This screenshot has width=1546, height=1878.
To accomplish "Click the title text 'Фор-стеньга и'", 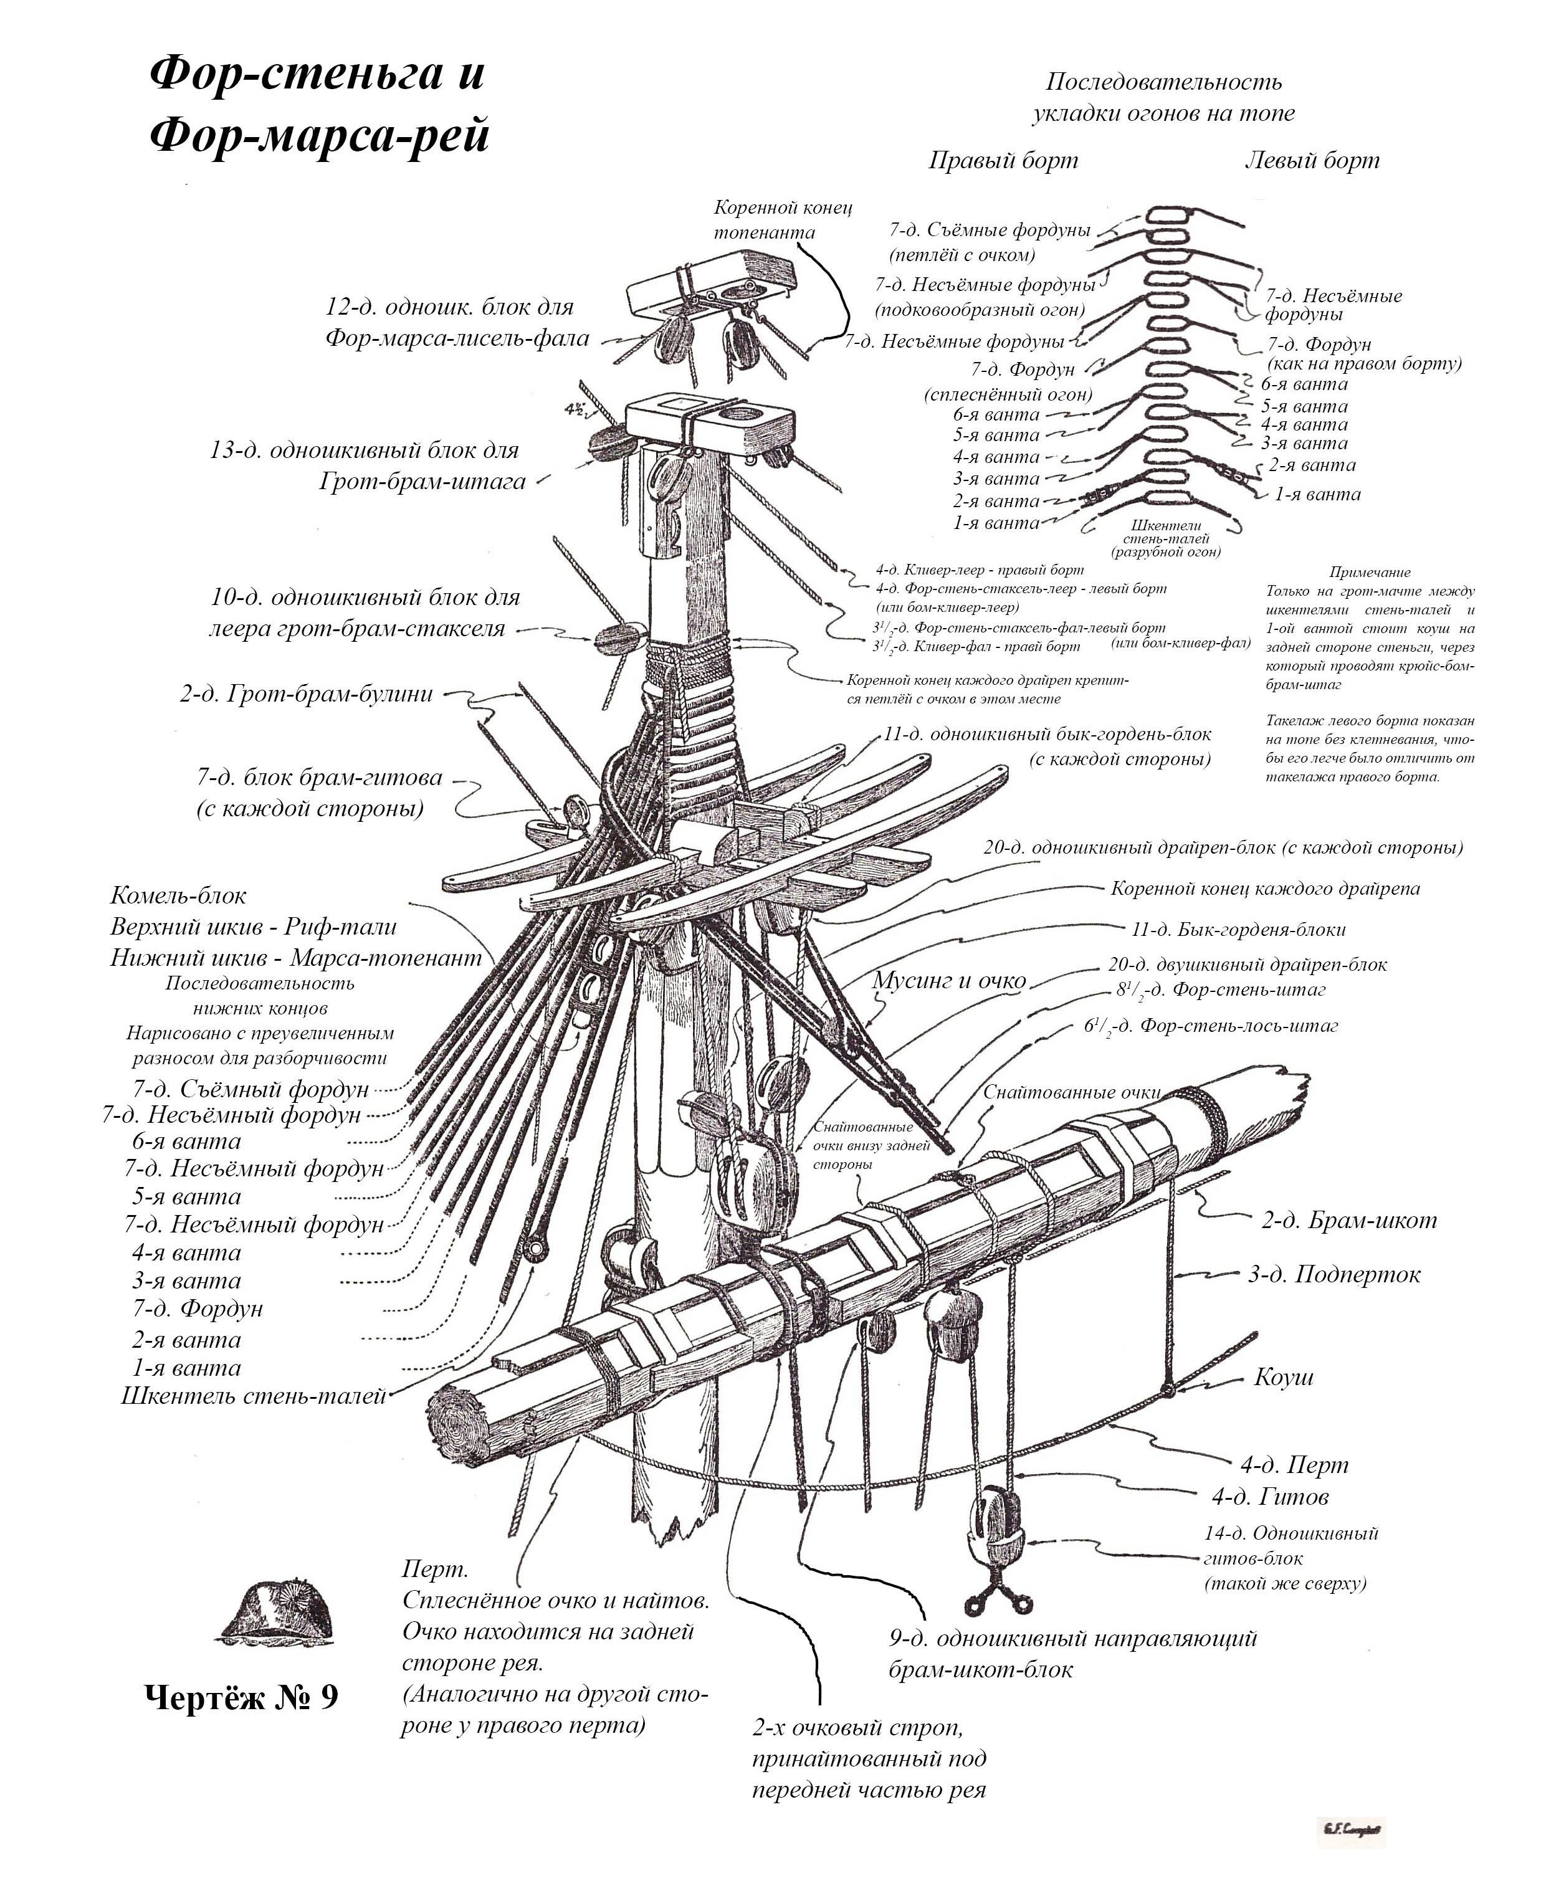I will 317,73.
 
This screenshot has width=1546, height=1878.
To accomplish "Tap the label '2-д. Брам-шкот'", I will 1348,1220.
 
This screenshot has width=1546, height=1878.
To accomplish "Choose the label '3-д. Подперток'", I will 1333,1274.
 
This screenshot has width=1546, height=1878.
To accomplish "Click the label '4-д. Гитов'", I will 1270,1497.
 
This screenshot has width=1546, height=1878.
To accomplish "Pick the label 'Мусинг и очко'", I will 948,980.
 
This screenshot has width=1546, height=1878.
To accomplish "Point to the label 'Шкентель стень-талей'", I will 253,1395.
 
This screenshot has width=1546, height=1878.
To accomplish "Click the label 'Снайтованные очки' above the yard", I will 1071,1093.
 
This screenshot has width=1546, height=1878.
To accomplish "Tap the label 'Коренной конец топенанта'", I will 783,219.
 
